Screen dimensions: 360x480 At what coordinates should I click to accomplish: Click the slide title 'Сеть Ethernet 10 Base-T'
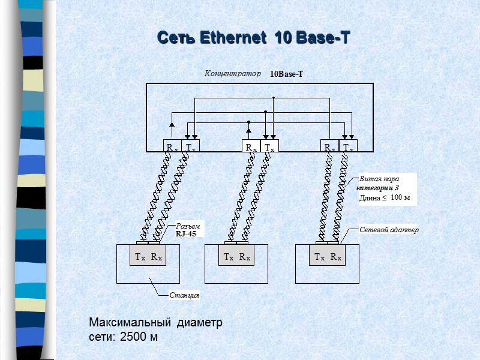253,38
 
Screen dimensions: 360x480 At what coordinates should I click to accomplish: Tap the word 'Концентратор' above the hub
233,74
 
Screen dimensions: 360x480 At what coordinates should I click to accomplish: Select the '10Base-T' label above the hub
286,74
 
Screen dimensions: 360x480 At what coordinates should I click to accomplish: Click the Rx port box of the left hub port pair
172,146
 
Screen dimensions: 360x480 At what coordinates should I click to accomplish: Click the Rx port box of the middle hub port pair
250,146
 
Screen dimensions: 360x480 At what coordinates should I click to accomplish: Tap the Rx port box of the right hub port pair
330,146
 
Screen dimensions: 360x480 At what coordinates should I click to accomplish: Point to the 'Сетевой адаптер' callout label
388,230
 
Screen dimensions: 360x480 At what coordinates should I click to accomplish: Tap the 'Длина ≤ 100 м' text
384,197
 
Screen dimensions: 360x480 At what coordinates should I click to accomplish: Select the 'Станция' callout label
184,295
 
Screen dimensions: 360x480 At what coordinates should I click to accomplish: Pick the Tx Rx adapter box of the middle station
237,257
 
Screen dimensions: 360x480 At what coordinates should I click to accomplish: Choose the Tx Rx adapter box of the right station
328,257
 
